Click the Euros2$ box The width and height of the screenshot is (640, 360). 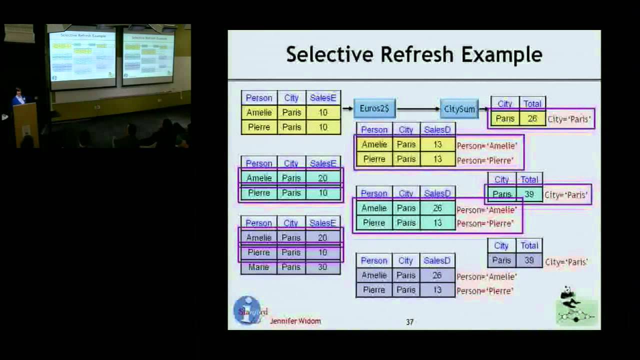point(374,108)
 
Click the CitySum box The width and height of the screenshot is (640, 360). point(459,109)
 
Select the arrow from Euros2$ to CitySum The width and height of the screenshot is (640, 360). point(418,109)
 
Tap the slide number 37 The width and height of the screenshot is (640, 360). point(409,322)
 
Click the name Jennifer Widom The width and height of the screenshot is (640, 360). point(295,321)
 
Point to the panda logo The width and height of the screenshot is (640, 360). point(576,306)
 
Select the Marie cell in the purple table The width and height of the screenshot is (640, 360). point(259,267)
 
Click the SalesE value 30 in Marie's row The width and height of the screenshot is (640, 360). point(322,267)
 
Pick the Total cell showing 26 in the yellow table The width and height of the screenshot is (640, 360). point(532,119)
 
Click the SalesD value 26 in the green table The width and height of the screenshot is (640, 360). point(437,208)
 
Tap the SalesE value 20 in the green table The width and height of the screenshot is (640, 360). point(322,178)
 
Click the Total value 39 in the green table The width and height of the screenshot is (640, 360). point(529,194)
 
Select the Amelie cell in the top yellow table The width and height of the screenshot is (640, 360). point(259,112)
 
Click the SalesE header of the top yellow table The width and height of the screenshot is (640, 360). point(322,98)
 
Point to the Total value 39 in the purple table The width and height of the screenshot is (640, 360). point(529,260)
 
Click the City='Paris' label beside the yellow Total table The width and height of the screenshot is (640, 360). point(569,119)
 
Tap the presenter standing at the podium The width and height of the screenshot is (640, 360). point(19,97)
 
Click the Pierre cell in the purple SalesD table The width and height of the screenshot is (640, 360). point(374,290)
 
